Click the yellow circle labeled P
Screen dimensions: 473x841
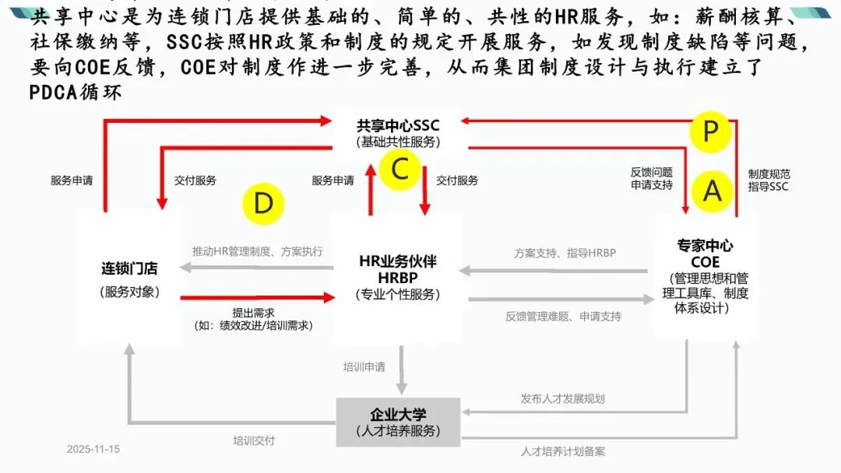click(x=710, y=131)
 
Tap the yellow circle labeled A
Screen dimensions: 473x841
click(x=712, y=190)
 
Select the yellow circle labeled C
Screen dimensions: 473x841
click(x=400, y=168)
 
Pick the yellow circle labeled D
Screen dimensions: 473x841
click(x=263, y=203)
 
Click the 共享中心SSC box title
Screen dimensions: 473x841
click(x=398, y=125)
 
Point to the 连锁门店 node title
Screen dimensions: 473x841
click(x=129, y=269)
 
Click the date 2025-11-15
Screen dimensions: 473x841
click(x=93, y=450)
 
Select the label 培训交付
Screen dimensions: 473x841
click(x=254, y=440)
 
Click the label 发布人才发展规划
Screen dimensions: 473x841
click(x=562, y=398)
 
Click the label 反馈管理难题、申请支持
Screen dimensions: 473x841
click(x=563, y=317)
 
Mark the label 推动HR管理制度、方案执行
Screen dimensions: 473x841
click(x=258, y=251)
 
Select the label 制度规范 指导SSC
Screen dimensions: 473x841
click(x=769, y=180)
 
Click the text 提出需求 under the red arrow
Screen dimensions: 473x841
click(x=253, y=311)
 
